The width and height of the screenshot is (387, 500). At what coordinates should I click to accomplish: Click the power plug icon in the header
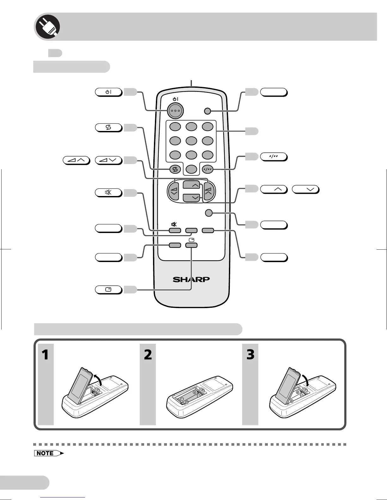tap(47, 27)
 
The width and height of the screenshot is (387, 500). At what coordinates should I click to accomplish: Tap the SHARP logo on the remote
tap(191, 279)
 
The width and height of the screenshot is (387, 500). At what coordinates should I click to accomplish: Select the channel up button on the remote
tap(191, 185)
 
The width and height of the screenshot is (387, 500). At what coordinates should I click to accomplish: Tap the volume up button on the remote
tap(209, 190)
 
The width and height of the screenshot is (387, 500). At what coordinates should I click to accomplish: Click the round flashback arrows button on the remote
tap(175, 170)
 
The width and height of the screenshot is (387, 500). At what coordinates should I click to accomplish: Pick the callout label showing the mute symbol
tap(108, 193)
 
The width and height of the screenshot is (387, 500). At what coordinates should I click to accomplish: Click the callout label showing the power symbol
tap(108, 92)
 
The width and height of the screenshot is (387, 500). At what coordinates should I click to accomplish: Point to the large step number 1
tap(46, 355)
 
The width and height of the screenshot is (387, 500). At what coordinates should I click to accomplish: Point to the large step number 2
tap(148, 355)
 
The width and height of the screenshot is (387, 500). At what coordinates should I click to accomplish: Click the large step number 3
tap(250, 355)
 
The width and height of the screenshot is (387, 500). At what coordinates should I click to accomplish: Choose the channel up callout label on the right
tap(274, 189)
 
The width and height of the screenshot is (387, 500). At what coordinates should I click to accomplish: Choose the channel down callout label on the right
tap(305, 189)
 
